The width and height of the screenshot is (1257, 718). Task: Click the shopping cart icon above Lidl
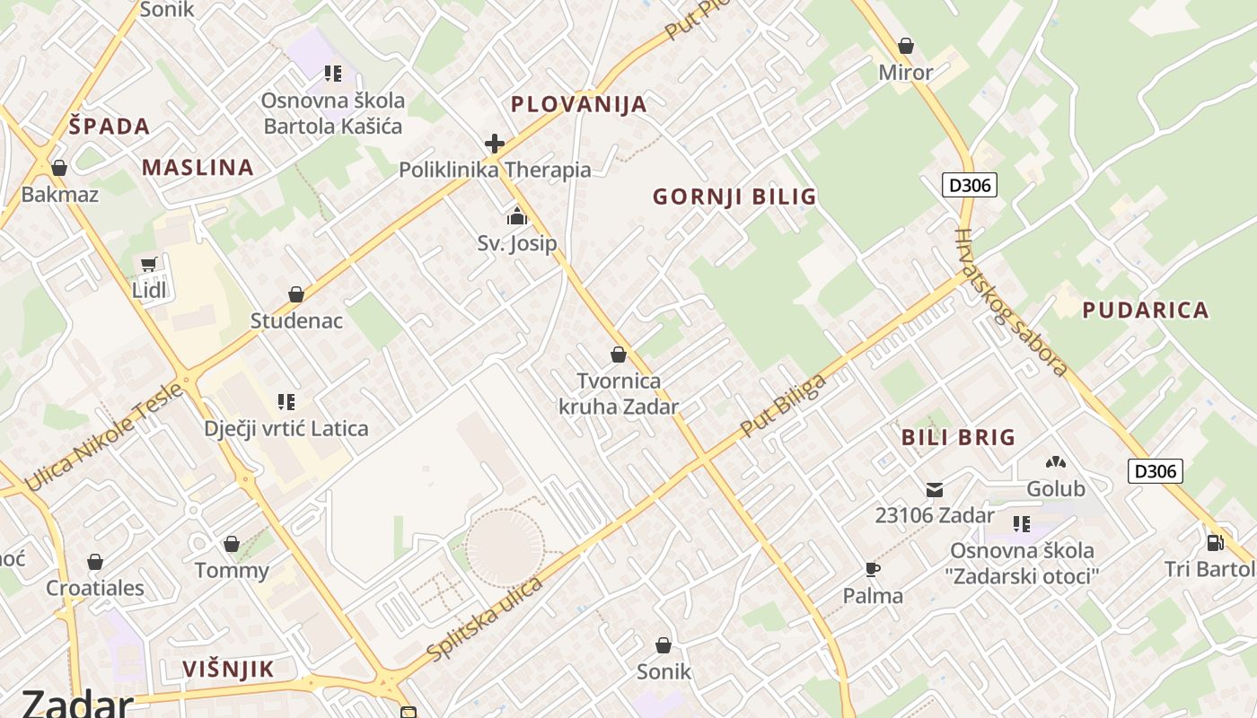point(148,265)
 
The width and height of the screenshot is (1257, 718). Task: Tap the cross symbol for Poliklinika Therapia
point(494,144)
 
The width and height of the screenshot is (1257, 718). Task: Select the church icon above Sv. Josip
point(516,216)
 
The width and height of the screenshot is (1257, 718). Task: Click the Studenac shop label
point(296,320)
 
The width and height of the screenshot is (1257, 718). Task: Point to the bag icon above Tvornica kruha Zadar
point(618,355)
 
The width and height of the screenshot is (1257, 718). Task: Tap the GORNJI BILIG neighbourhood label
point(734,197)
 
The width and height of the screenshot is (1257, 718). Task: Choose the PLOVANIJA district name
point(578,104)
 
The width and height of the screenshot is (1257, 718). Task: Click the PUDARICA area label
point(1145,311)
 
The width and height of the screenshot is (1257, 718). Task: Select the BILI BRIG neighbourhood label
point(958,438)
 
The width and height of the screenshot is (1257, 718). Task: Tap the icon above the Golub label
point(1056,463)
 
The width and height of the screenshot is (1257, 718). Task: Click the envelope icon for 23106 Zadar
point(935,490)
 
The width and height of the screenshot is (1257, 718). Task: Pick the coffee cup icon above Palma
point(872,569)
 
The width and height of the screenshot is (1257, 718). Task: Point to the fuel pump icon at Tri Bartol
point(1215,542)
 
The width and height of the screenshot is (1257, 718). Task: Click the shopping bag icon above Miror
point(905,46)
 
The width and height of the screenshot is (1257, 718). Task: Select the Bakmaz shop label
point(59,194)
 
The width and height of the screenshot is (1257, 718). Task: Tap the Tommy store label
point(232,571)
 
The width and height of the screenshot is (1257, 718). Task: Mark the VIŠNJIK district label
point(228,669)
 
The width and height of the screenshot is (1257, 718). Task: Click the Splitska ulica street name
point(485,620)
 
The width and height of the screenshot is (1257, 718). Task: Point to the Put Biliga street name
point(783,406)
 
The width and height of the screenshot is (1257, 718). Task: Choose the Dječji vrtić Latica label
point(286,428)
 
